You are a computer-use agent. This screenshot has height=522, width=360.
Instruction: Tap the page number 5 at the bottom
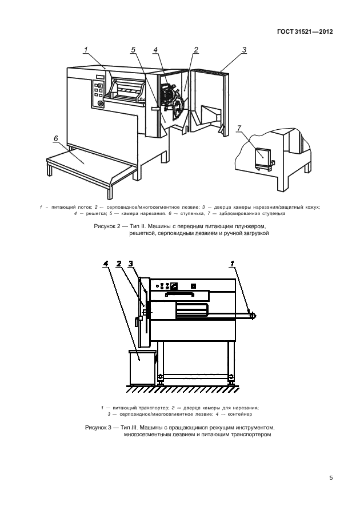pos(331,479)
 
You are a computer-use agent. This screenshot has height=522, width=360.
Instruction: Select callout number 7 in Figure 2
pos(239,127)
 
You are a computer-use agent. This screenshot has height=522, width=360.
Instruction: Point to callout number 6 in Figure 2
pos(56,138)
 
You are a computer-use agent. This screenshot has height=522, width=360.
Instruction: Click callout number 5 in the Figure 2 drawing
pos(133,50)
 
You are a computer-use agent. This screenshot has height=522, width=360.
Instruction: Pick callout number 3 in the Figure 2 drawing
pos(244,50)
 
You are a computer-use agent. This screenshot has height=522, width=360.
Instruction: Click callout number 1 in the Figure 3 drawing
pos(232,264)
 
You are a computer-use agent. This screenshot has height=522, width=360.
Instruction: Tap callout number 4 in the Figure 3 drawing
pos(106,264)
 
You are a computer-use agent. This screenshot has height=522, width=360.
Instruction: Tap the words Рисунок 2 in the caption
pos(107,226)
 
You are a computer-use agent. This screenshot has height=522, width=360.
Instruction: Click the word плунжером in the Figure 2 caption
pos(249,226)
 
